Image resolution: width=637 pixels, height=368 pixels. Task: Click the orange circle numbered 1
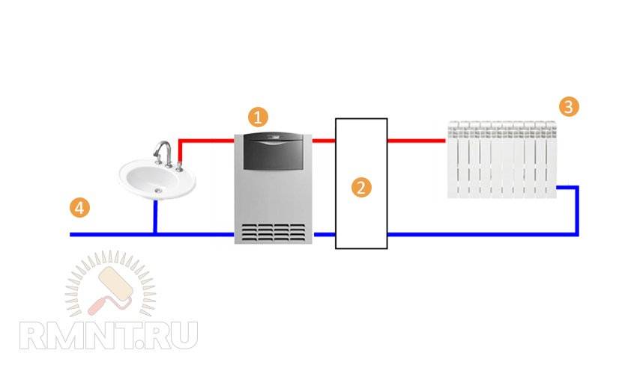coord(258,117)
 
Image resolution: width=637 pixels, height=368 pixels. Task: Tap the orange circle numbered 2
coord(361,187)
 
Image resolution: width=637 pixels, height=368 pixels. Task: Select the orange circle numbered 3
coord(569,106)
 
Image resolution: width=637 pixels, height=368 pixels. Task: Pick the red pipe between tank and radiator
coord(417,140)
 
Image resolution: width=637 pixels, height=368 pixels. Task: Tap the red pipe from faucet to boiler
coord(206,140)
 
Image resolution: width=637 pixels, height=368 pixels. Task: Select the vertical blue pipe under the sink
coord(155,217)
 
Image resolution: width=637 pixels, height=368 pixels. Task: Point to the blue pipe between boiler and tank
coord(324,234)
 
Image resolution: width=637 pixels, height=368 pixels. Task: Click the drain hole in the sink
coord(157,191)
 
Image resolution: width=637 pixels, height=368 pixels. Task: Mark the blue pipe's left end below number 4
coord(73,234)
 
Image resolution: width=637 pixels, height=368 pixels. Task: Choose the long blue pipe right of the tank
coord(480,234)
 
